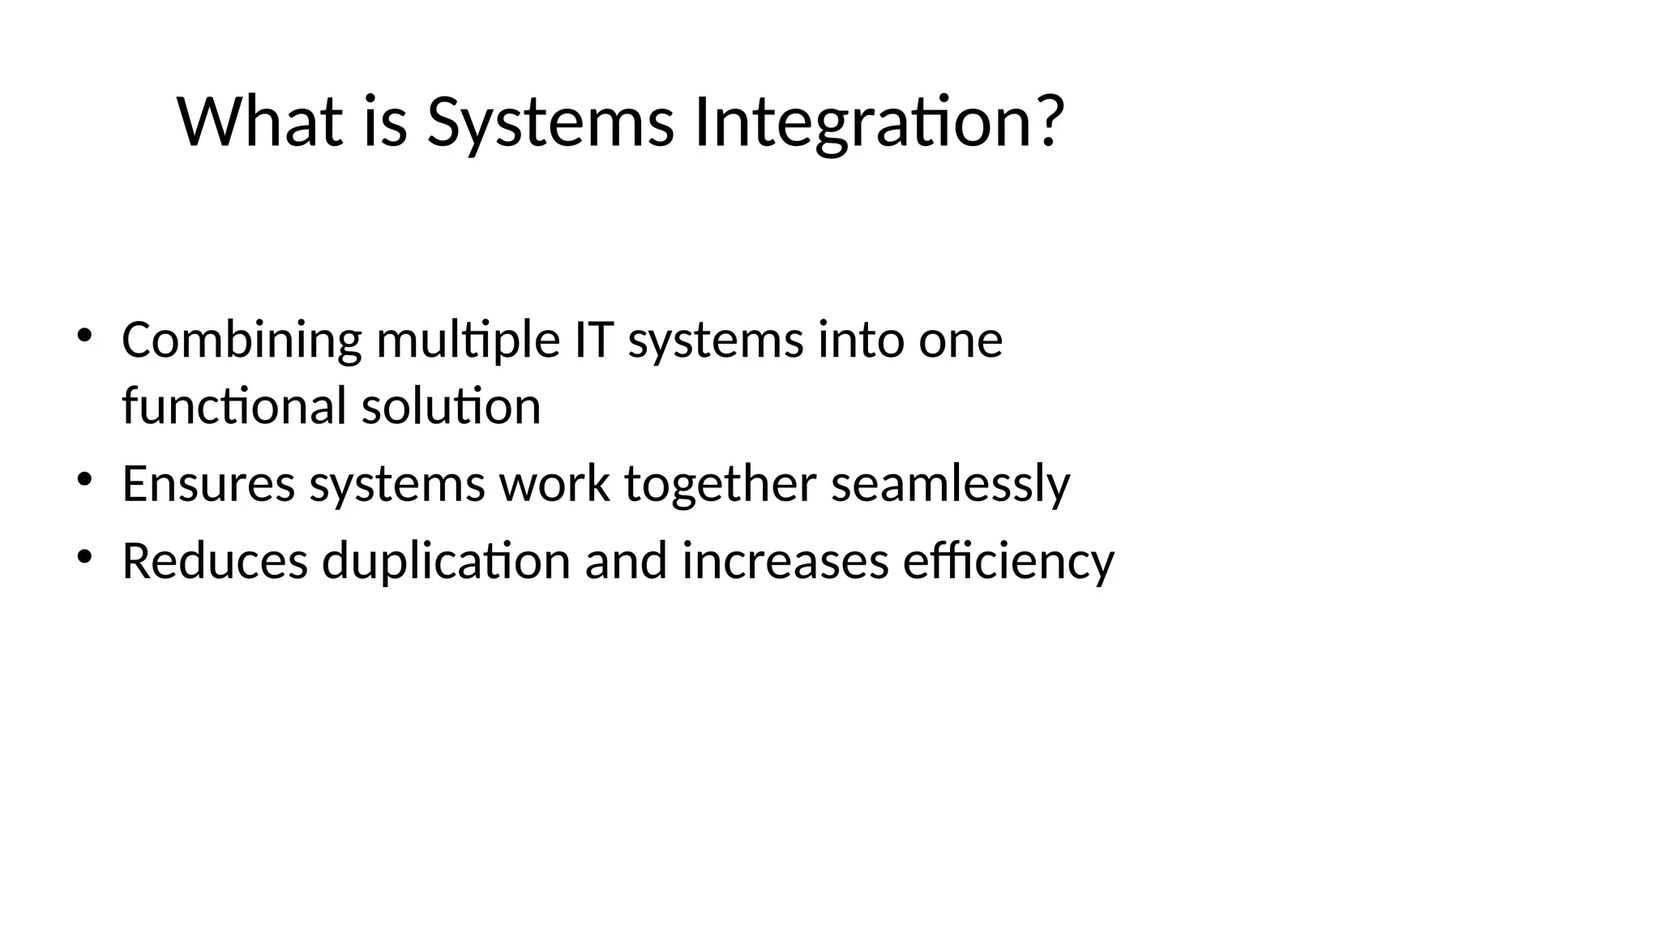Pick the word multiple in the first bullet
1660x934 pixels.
click(x=468, y=341)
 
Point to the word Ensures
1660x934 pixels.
click(x=208, y=484)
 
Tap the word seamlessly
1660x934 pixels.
click(x=950, y=485)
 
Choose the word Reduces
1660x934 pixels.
click(x=215, y=561)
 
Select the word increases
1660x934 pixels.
click(x=785, y=561)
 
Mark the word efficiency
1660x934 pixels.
click(x=1008, y=562)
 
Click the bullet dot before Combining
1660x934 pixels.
click(x=84, y=335)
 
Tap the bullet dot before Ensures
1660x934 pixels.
click(x=84, y=479)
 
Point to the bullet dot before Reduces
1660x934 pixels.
click(x=84, y=556)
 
